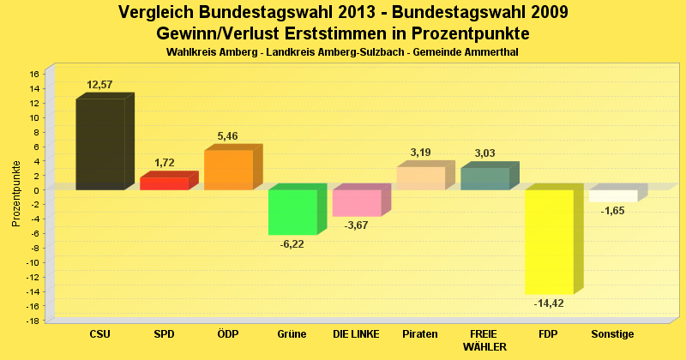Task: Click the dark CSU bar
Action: (100, 144)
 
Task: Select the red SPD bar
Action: (164, 183)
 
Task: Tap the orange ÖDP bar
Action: (228, 170)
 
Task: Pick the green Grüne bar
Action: (292, 212)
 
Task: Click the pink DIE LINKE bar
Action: (357, 203)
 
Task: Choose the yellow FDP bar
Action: (549, 242)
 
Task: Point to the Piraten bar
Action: (420, 178)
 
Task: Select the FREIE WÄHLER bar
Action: (484, 178)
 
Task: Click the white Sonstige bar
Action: (613, 195)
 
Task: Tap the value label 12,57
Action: (99, 84)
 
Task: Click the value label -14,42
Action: (549, 303)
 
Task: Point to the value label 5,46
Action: (228, 135)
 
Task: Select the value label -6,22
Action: (292, 244)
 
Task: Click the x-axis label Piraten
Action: (420, 333)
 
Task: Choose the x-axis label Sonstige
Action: (613, 333)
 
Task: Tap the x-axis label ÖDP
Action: (228, 333)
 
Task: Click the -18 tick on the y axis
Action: (32, 321)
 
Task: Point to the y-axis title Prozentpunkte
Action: (16, 194)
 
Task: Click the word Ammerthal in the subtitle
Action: (490, 52)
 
